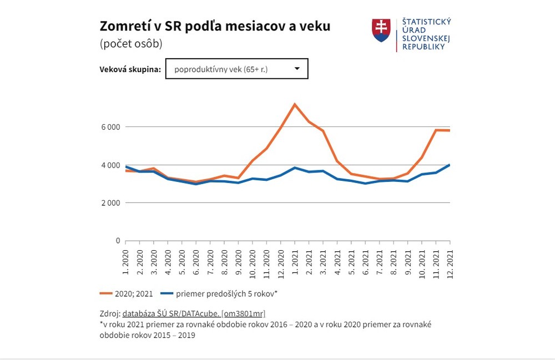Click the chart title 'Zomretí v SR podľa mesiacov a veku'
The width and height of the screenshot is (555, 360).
pos(214,26)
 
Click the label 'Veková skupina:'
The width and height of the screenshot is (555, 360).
pos(130,70)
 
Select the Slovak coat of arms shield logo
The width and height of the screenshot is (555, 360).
pos(381,31)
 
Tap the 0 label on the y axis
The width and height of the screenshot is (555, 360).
pos(118,241)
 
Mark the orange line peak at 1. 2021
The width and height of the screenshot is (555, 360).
pos(295,104)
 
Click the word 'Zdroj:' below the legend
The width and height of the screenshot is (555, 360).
pos(110,314)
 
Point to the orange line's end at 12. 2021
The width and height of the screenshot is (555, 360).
pos(449,130)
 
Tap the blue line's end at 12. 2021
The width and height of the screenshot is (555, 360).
pos(449,165)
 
